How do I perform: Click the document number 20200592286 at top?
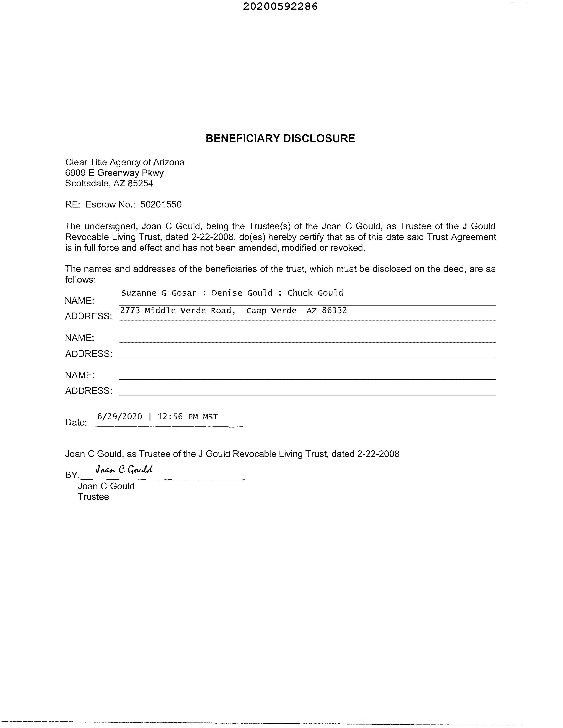click(x=280, y=6)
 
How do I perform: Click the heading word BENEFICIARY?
click(x=243, y=138)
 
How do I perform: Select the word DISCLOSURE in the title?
click(x=319, y=138)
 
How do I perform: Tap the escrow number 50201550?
click(x=161, y=204)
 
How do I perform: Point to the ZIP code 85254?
click(x=140, y=183)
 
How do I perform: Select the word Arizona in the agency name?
click(x=169, y=162)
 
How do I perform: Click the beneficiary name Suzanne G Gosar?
click(x=159, y=293)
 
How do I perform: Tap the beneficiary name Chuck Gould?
click(x=315, y=293)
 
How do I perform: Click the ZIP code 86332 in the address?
click(x=334, y=311)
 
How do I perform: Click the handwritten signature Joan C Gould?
click(x=124, y=470)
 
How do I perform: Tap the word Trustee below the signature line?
click(x=93, y=497)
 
